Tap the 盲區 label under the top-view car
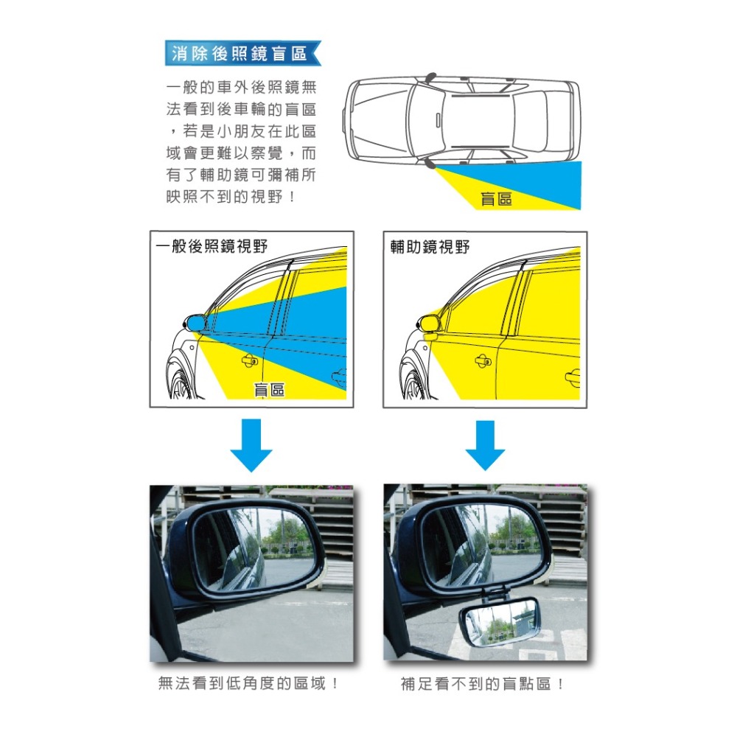coord(496,198)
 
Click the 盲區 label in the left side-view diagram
coord(269,390)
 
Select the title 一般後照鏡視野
coord(212,246)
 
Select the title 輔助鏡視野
coord(430,246)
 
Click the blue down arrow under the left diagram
coord(251,445)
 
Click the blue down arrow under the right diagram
coord(484,445)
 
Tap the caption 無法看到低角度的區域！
coord(250,684)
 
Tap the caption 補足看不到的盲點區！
coord(484,684)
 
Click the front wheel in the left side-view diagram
coord(179,380)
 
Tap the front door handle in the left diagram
coord(250,361)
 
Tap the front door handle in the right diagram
coord(483,360)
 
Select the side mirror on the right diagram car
coord(430,322)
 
